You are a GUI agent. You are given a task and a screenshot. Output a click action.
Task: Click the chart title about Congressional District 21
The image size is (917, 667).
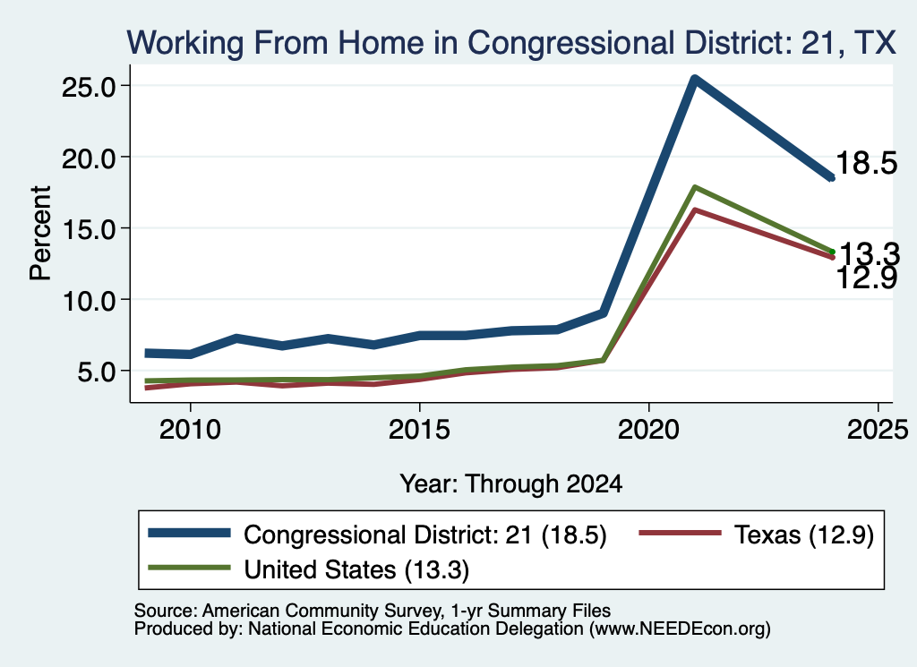click(x=511, y=43)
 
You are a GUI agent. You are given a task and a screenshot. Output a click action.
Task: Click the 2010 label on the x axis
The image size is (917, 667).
click(x=190, y=430)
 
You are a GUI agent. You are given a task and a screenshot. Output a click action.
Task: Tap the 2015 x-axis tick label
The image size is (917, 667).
click(x=419, y=430)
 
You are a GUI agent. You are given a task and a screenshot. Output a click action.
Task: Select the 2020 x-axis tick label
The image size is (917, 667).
click(x=648, y=430)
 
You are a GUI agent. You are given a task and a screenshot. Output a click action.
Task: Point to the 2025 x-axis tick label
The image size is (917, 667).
click(x=878, y=430)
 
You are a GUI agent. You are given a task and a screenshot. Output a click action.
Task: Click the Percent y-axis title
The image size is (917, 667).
click(x=40, y=233)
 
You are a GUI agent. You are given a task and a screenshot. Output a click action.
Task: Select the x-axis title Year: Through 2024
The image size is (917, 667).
click(x=511, y=484)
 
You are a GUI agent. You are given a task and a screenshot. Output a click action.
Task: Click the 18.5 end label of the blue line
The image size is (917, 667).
click(x=866, y=163)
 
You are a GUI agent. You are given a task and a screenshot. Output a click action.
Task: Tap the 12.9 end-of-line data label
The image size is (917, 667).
click(x=866, y=278)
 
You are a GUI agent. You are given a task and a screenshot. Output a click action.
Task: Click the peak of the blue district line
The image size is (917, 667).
click(x=694, y=79)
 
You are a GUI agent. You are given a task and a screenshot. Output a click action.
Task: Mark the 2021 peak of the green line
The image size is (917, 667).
click(x=694, y=187)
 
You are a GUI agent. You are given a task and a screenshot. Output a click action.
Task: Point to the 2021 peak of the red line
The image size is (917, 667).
click(x=694, y=210)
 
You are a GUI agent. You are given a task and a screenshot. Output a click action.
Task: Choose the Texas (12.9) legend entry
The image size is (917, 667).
click(x=756, y=534)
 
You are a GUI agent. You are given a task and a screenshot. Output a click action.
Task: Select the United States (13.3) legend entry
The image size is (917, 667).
click(x=309, y=569)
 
